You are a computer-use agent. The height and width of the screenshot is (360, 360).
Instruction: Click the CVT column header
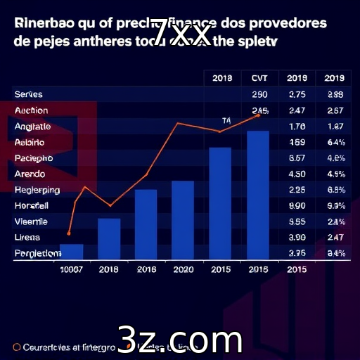click(x=259, y=78)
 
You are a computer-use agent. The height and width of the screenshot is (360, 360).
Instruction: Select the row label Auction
click(x=31, y=110)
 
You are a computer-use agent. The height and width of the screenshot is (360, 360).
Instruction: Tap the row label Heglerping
click(x=37, y=190)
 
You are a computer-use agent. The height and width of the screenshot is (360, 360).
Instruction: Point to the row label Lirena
click(x=27, y=238)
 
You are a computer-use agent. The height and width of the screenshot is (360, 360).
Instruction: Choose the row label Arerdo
click(x=30, y=174)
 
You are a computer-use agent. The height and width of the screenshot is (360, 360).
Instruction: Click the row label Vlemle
click(x=30, y=221)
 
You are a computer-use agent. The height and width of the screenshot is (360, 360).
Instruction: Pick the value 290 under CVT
click(x=259, y=94)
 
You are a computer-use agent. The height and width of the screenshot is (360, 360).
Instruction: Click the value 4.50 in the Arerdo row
click(x=297, y=174)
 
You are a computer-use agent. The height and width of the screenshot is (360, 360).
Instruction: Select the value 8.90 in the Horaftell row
click(x=297, y=206)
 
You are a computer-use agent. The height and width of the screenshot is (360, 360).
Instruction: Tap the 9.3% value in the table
click(x=335, y=206)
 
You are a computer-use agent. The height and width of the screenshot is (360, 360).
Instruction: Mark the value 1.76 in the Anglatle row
click(x=297, y=127)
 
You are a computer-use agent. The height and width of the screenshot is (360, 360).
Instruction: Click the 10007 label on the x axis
click(x=71, y=269)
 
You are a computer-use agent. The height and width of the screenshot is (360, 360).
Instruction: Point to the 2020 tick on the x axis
click(x=183, y=269)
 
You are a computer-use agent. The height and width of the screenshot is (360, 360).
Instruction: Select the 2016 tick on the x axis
click(x=146, y=269)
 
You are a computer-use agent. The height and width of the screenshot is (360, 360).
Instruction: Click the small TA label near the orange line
click(x=226, y=120)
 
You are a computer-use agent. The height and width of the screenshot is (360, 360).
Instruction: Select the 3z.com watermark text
click(x=180, y=340)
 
